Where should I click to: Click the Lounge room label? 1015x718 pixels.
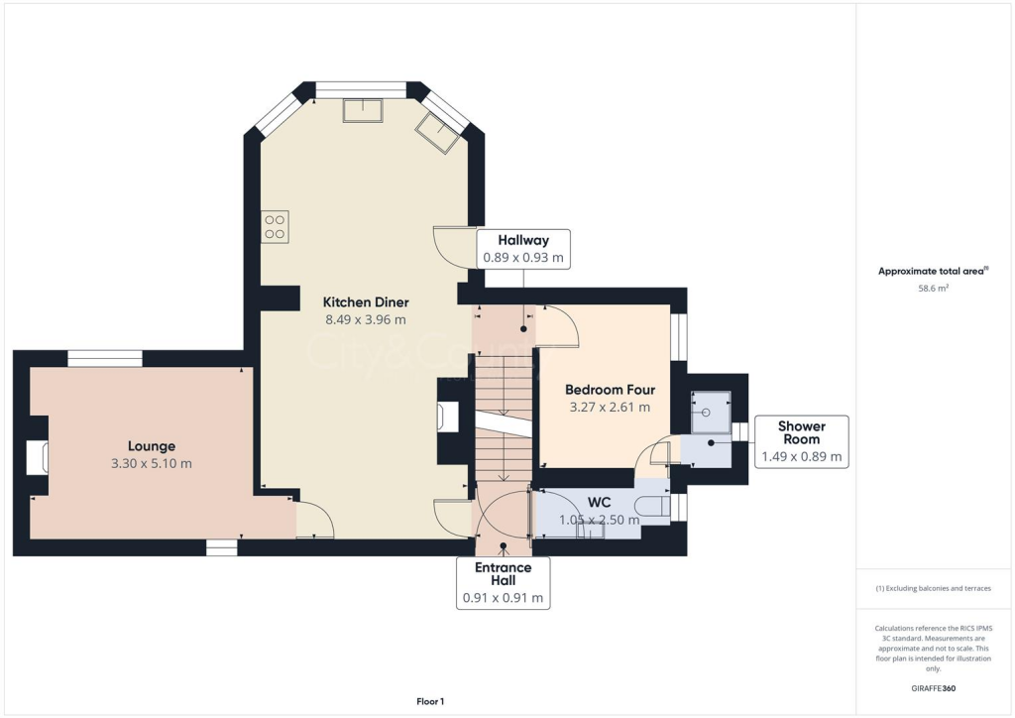[151, 446]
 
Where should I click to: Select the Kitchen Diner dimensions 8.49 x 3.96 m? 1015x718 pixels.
[366, 319]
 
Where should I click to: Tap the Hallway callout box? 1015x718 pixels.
[522, 249]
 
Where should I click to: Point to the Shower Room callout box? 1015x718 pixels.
[801, 441]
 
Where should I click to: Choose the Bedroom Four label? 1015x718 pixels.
[610, 390]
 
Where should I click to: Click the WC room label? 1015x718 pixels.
[599, 503]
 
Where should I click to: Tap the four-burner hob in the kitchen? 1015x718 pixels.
[275, 226]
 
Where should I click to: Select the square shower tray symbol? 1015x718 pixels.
[712, 413]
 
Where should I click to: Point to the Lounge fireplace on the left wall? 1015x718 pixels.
[37, 457]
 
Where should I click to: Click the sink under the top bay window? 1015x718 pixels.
[363, 110]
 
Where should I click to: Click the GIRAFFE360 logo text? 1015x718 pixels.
[934, 687]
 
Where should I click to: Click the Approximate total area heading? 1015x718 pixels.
[932, 271]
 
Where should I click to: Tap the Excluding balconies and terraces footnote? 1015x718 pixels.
[933, 588]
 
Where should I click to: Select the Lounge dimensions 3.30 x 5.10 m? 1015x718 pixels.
[151, 463]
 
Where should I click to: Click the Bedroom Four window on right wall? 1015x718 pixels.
[678, 337]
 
